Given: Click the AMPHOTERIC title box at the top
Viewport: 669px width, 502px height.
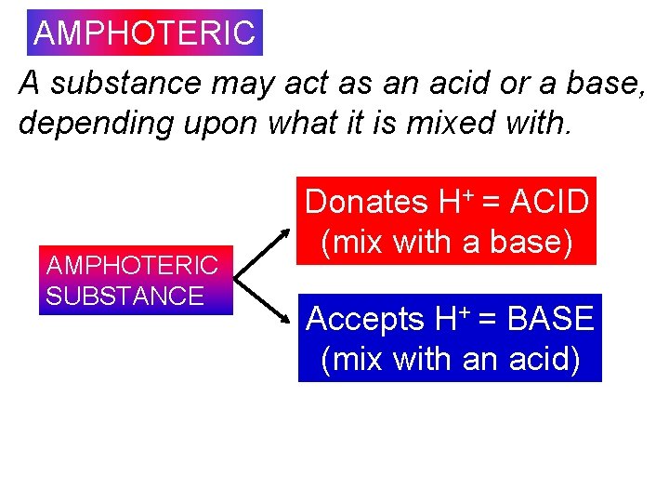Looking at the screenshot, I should pyautogui.click(x=144, y=33).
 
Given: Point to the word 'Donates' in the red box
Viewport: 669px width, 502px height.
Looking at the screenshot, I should pyautogui.click(x=365, y=202).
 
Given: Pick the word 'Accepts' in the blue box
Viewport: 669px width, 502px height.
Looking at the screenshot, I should pyautogui.click(x=365, y=319).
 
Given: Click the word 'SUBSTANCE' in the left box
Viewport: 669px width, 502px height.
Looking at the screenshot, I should pyautogui.click(x=125, y=297).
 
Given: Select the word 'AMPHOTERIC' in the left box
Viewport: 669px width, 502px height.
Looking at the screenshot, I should pyautogui.click(x=132, y=266).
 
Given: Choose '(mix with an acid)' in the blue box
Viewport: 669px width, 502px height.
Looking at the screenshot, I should pyautogui.click(x=450, y=359).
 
